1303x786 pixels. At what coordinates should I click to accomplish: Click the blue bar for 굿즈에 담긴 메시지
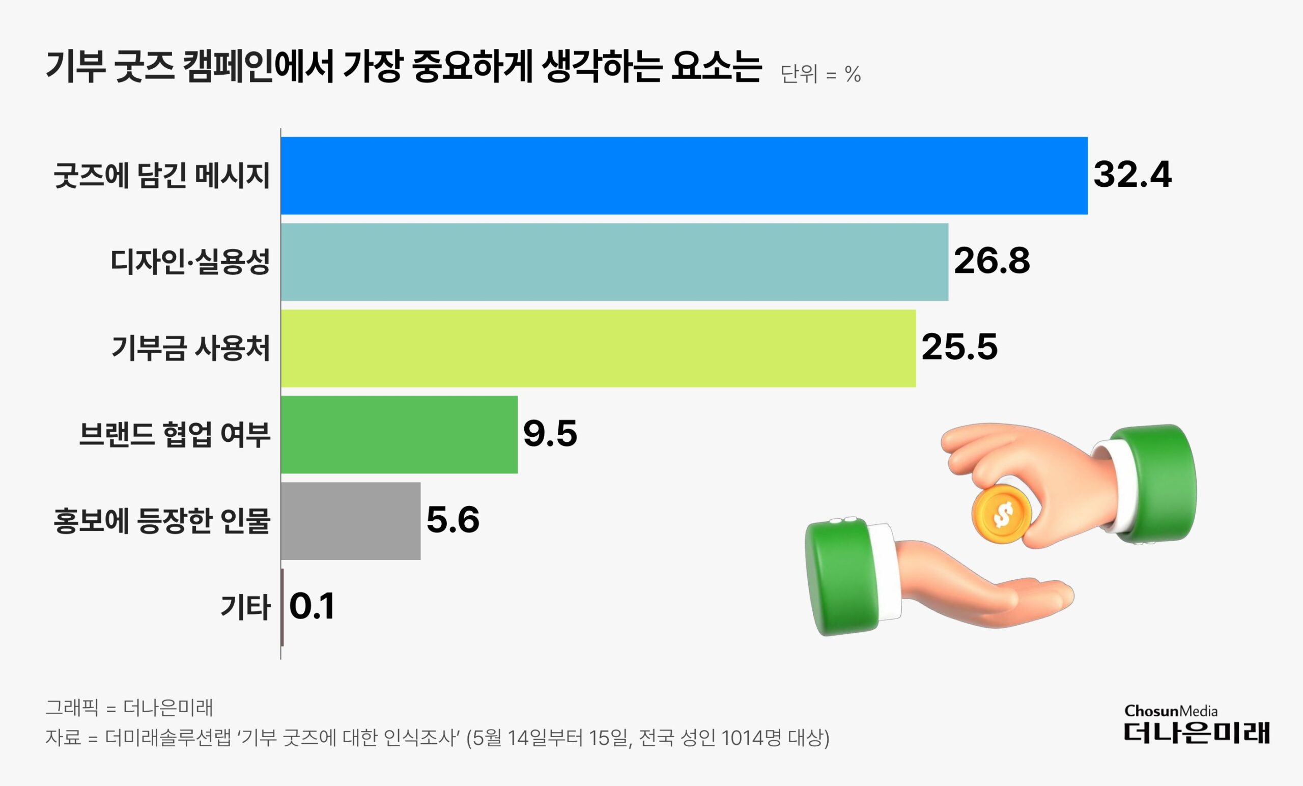pos(684,176)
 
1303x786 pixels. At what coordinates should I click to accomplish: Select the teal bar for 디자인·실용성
pos(614,262)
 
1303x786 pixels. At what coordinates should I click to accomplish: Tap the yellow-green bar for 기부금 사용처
pos(598,348)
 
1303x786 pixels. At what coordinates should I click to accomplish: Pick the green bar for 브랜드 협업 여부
pos(399,434)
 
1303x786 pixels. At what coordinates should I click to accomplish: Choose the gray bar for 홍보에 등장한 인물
pos(350,520)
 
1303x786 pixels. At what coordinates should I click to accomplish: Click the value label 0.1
pos(312,606)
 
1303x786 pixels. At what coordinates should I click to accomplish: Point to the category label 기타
pos(245,607)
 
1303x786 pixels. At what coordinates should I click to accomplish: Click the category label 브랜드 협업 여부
pos(175,435)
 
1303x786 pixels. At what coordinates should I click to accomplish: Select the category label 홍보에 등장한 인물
pos(162,521)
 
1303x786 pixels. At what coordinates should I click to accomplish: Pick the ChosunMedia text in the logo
pos(1171,711)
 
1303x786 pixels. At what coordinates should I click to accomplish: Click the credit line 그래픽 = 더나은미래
pos(129,707)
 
